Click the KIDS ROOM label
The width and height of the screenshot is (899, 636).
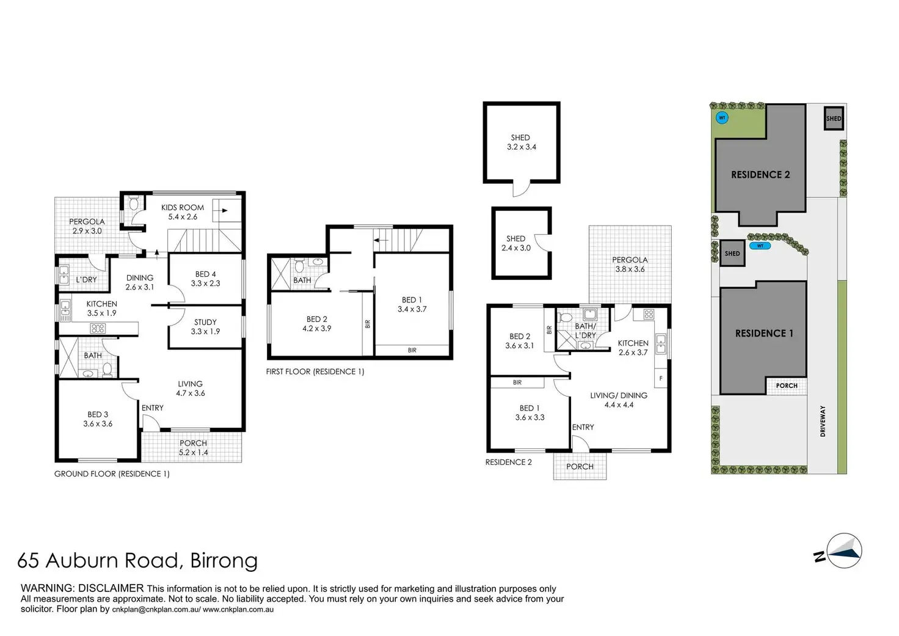183,208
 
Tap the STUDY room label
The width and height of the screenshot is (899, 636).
205,322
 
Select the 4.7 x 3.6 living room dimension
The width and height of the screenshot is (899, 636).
190,393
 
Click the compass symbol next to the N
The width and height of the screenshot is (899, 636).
844,551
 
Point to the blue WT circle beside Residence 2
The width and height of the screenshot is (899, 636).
722,118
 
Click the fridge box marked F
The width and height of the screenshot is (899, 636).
661,378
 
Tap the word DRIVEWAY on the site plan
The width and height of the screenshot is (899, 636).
823,421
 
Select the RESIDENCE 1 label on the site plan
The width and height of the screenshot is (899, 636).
764,333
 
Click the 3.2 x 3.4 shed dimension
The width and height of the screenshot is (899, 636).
522,147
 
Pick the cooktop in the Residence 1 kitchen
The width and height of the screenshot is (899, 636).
98,329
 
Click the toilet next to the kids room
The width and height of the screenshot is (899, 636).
134,203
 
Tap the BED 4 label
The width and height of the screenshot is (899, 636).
205,274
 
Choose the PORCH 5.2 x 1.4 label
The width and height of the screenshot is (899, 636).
193,448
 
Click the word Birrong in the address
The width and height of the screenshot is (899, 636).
224,560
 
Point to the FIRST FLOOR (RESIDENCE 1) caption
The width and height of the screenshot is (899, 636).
315,372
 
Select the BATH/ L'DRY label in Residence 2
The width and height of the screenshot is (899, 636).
585,331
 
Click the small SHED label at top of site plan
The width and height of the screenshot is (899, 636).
834,119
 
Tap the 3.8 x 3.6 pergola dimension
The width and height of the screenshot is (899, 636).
630,269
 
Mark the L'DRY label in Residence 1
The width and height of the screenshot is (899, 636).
86,279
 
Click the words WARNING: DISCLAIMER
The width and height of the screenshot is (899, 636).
82,588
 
